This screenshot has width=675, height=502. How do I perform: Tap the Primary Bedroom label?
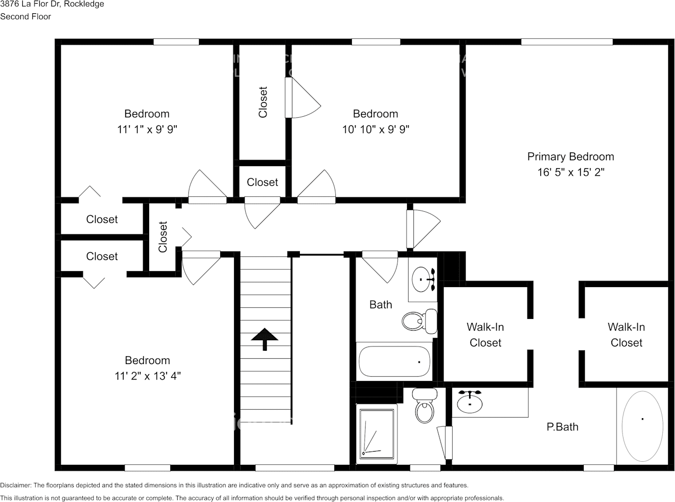click(x=570, y=157)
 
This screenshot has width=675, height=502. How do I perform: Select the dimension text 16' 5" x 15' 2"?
click(x=570, y=172)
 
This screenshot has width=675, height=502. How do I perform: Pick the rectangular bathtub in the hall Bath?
click(x=394, y=361)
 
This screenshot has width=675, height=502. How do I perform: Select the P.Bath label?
click(x=562, y=427)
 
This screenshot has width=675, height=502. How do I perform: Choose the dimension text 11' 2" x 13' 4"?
click(x=148, y=376)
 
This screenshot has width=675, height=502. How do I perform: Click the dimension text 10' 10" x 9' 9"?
click(x=375, y=129)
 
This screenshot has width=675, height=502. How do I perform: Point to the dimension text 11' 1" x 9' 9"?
click(x=147, y=129)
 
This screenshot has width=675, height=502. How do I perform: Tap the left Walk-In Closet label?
click(x=485, y=335)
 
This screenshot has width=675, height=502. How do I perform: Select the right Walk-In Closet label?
click(x=626, y=335)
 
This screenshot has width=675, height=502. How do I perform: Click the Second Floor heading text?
click(x=25, y=16)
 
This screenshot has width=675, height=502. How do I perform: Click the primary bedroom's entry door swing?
click(x=423, y=229)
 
